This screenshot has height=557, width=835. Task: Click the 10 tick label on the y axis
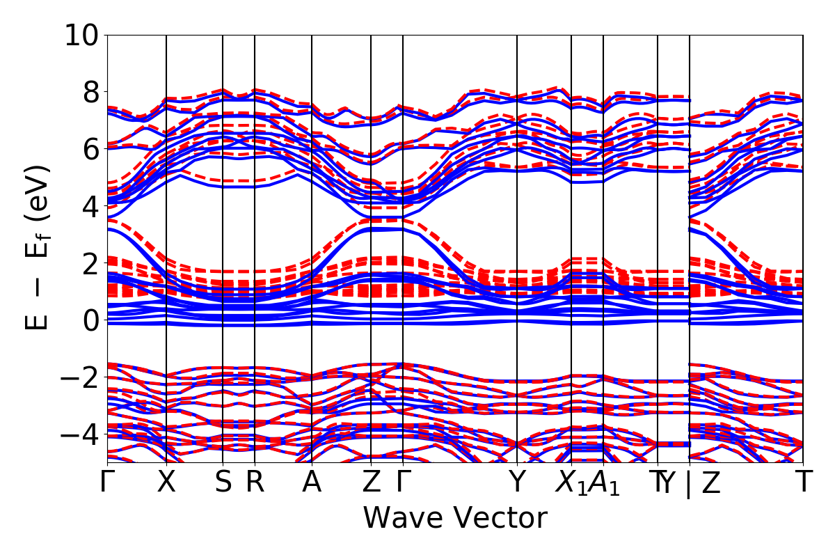tap(82, 35)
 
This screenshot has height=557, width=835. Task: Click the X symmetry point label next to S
tap(166, 482)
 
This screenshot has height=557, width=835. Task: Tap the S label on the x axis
tap(223, 482)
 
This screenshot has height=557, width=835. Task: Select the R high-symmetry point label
tap(255, 482)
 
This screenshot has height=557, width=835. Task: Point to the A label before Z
tap(311, 482)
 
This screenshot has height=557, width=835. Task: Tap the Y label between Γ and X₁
tap(517, 482)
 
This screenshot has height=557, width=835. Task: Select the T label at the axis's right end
tap(804, 482)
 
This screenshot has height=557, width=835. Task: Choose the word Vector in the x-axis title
tap(502, 518)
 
